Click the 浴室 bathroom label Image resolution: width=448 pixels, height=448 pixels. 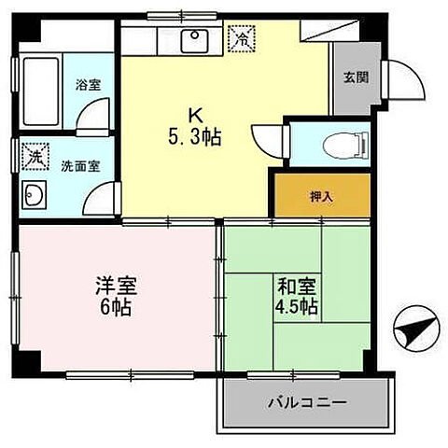click(x=89, y=84)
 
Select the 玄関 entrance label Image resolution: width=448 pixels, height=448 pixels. click(x=355, y=77)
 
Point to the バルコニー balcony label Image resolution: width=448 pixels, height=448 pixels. click(x=305, y=403)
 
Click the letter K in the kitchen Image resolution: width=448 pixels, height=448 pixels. click(x=196, y=115)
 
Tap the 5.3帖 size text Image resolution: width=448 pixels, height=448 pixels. click(x=196, y=137)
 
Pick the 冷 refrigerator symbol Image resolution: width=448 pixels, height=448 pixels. click(x=243, y=38)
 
